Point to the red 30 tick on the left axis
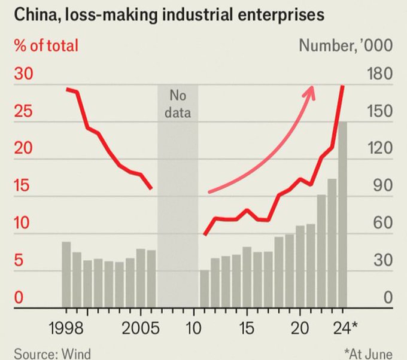26,74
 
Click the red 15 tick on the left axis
26,186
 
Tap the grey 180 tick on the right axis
378,74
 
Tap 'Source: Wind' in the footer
53,353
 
